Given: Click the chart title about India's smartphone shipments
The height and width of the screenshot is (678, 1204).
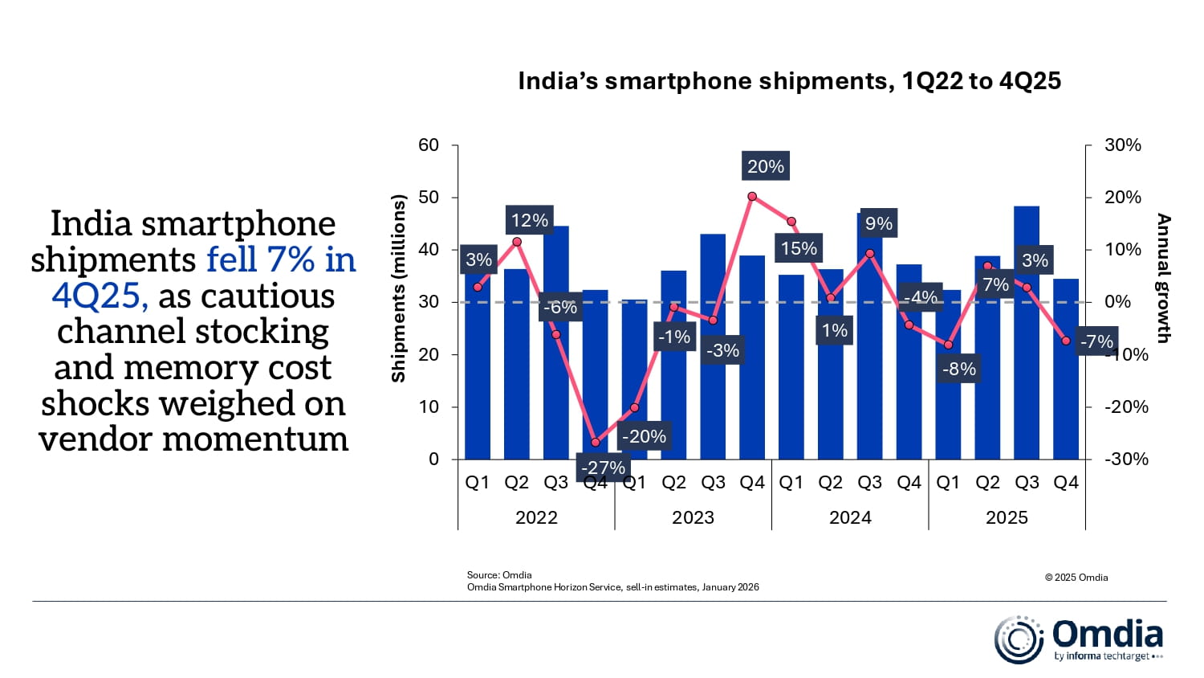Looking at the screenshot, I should point(789,81).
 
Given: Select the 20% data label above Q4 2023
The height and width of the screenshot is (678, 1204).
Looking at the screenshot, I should point(765,166).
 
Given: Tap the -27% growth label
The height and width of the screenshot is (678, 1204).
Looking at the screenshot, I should point(603,468).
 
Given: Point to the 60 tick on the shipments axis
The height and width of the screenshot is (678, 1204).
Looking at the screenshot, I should point(429,145).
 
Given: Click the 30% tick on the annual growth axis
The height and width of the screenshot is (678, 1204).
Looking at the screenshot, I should point(1122,145).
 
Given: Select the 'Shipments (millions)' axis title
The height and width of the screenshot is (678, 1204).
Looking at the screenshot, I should point(399,288).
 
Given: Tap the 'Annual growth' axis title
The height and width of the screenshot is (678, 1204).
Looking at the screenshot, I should point(1164,278).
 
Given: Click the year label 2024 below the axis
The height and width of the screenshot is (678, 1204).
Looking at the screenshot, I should point(850,517).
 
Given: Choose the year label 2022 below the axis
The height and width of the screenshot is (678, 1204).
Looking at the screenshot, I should point(536,517).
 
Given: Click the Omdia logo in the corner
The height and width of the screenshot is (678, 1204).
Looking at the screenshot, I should point(1079,639).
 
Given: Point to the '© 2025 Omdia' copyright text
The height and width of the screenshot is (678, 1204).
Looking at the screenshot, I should point(1076,578).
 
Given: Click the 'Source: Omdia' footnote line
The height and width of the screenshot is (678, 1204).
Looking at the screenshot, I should point(499,575).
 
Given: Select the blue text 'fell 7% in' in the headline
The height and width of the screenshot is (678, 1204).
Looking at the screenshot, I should point(281,259).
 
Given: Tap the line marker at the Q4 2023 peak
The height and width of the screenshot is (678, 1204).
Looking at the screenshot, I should point(752,196).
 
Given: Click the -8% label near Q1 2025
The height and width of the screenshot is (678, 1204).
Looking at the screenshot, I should point(959,369).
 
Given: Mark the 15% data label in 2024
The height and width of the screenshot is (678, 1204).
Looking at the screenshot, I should point(799,248).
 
